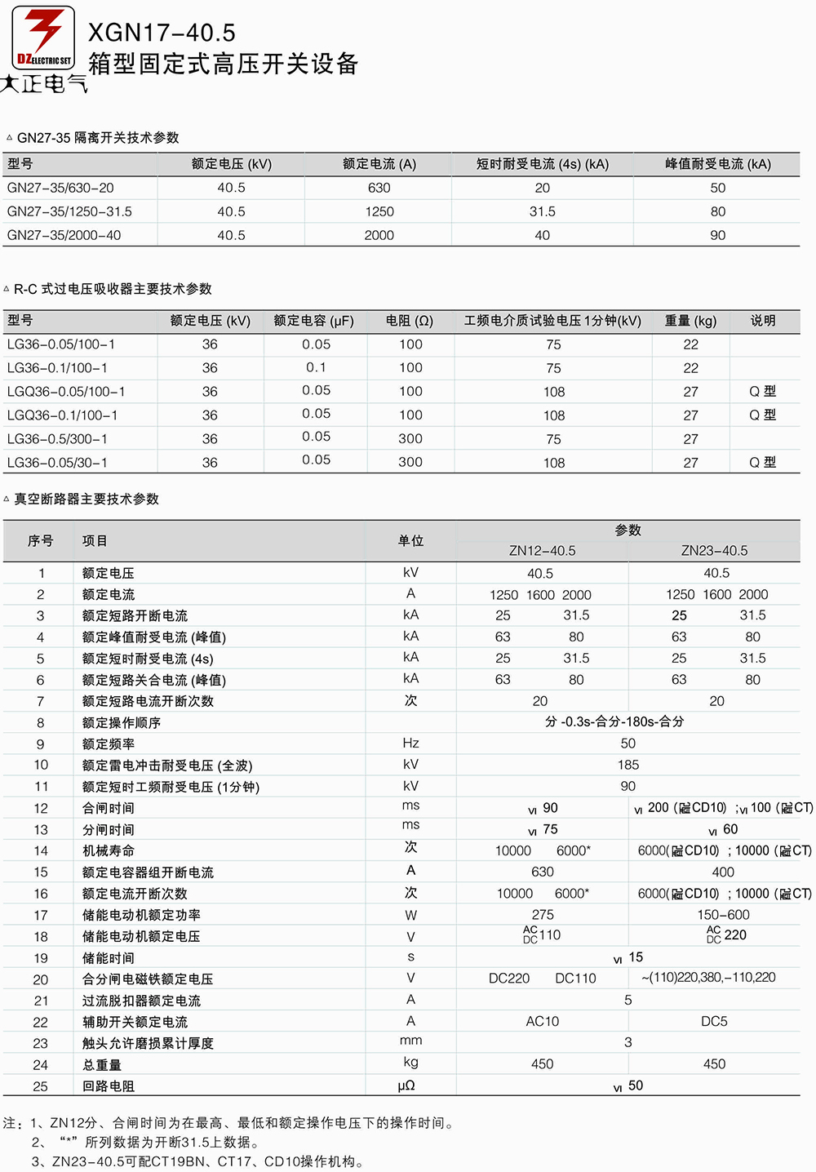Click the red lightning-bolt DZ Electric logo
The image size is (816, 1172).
[43, 38]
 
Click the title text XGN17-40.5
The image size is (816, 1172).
[162, 33]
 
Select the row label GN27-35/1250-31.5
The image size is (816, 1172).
[69, 211]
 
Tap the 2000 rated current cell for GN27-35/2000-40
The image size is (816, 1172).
[379, 235]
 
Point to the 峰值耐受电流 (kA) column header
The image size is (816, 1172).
[717, 164]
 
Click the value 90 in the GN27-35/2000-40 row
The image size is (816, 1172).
[717, 235]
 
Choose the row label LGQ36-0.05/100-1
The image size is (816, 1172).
[66, 392]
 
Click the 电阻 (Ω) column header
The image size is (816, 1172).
[410, 321]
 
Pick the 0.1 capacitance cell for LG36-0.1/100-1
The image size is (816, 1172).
[316, 367]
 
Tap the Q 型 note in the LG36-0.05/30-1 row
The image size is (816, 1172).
[762, 463]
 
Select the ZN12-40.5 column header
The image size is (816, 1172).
[542, 551]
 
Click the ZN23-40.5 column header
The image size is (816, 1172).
[714, 551]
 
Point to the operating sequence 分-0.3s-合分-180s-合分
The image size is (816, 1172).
[614, 721]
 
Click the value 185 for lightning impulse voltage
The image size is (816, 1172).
[628, 765]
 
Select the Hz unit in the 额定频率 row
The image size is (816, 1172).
[410, 743]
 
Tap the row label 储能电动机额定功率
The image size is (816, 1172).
[141, 915]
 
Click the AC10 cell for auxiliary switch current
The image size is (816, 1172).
[542, 1021]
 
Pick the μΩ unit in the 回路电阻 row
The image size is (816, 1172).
[406, 1085]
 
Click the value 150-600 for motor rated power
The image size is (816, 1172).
[723, 915]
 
